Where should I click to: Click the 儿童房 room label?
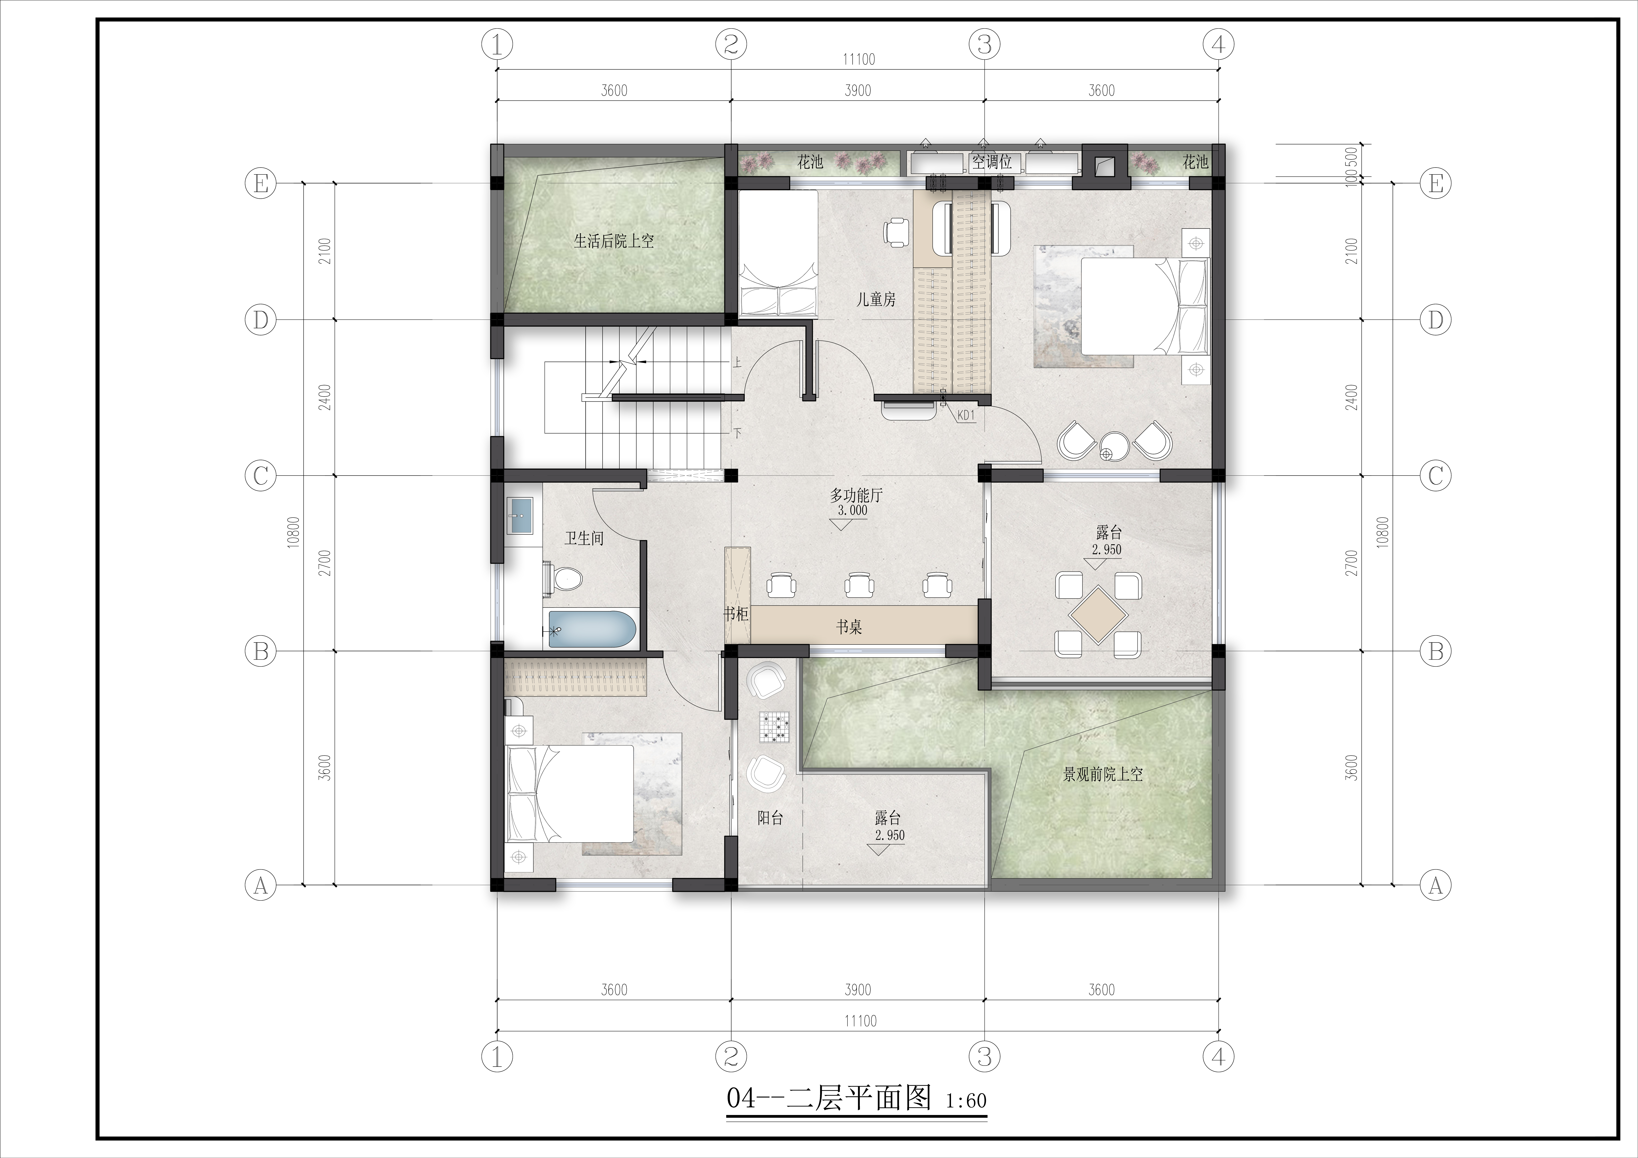click(876, 300)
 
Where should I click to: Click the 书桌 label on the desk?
click(849, 627)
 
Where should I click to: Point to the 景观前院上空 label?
click(1103, 774)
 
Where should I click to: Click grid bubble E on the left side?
click(260, 184)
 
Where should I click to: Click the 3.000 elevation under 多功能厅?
click(852, 511)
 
